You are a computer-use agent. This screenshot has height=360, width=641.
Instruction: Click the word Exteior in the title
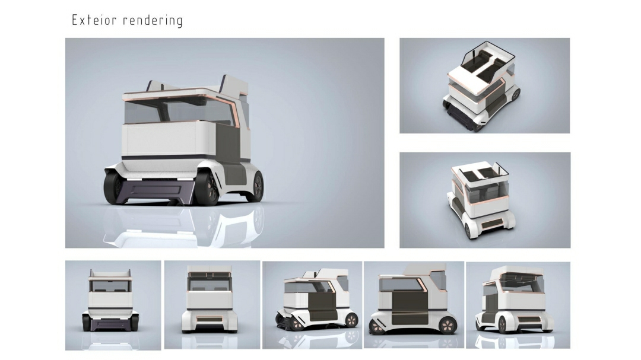point(94,20)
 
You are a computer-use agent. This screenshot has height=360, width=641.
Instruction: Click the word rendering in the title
point(153,21)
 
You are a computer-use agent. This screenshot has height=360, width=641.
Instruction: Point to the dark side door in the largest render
point(227,142)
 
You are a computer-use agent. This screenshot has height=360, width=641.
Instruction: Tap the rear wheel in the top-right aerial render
point(515,94)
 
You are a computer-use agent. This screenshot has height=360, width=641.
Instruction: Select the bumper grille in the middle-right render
point(492,224)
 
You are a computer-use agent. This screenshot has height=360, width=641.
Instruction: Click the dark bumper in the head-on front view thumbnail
point(110,324)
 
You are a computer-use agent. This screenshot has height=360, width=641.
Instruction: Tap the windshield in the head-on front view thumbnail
point(110,286)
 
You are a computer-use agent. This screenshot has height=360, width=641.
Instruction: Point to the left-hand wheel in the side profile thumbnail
point(377,326)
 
